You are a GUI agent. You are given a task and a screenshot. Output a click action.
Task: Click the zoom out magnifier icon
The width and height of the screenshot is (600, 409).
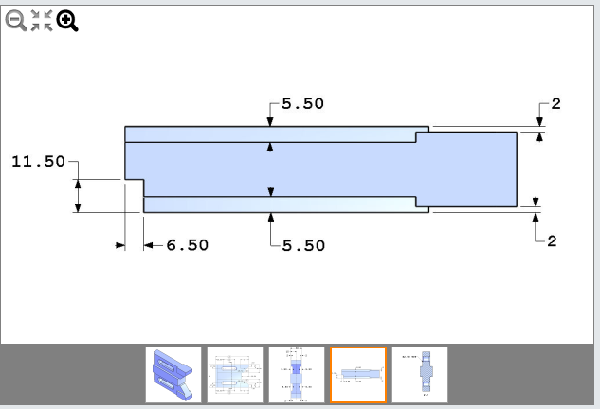tap(16, 21)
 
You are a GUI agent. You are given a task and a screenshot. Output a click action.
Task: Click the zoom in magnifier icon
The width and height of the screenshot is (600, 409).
tap(66, 21)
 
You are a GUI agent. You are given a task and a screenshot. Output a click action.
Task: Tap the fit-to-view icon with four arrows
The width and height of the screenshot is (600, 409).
tap(41, 21)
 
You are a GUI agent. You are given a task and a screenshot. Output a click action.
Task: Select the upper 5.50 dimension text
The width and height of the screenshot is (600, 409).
tap(302, 104)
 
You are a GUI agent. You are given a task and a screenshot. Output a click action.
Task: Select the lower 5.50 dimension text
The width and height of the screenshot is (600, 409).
tap(302, 245)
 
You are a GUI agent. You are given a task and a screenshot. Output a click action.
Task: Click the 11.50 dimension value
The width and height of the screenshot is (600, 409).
tap(38, 162)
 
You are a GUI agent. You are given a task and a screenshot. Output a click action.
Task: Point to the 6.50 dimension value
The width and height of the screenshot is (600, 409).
tap(187, 245)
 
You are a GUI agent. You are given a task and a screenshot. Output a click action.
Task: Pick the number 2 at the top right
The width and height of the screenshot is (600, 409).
tap(555, 104)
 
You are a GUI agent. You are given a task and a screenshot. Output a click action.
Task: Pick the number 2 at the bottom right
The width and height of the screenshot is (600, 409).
tap(552, 240)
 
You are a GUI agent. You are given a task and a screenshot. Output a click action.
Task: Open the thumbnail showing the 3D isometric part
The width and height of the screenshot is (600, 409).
tap(173, 375)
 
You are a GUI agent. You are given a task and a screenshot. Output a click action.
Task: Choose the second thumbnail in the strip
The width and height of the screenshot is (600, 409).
tap(235, 375)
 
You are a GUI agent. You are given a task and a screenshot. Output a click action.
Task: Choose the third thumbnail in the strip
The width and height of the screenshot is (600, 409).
tap(297, 375)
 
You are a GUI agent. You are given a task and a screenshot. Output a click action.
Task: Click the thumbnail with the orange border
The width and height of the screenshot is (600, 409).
tap(358, 375)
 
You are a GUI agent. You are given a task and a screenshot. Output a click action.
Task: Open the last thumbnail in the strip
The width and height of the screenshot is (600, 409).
tap(420, 375)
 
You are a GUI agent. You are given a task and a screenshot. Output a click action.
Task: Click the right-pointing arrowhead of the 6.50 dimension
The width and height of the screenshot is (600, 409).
tap(120, 245)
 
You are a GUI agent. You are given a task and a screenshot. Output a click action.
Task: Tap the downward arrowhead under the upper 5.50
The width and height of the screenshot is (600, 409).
tap(271, 121)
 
